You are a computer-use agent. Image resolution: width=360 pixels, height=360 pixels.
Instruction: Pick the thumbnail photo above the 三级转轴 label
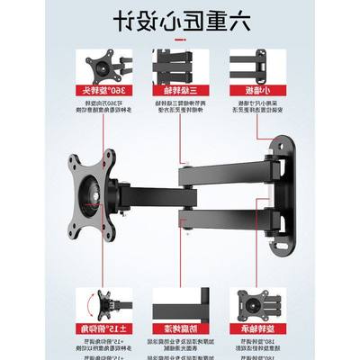(179, 67)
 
